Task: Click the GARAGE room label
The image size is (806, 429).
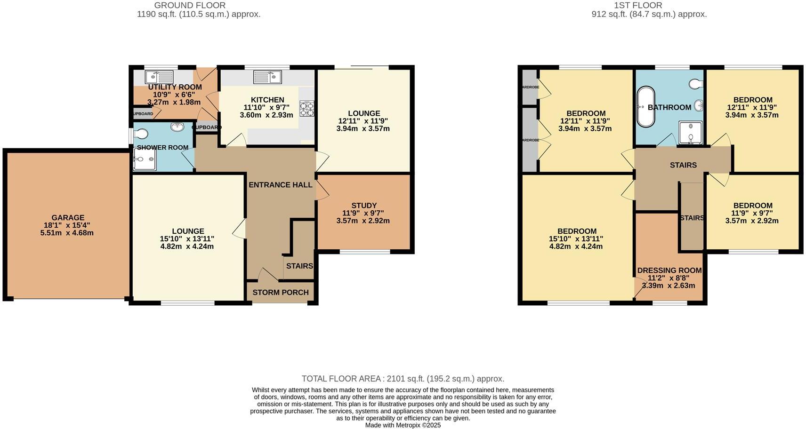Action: click(x=68, y=218)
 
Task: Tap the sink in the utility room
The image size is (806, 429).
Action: click(x=159, y=77)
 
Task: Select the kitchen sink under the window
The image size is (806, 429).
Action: click(x=267, y=76)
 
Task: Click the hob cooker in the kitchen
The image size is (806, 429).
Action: click(x=307, y=109)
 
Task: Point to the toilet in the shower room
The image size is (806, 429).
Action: click(x=141, y=133)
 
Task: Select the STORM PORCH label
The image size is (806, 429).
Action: click(x=281, y=293)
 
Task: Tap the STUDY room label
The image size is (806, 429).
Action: click(x=364, y=206)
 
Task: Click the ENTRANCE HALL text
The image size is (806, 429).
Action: click(x=281, y=185)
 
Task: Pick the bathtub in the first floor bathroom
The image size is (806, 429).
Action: click(x=645, y=107)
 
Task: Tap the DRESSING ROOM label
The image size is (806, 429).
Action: click(x=669, y=270)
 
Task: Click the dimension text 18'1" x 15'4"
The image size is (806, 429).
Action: click(x=68, y=225)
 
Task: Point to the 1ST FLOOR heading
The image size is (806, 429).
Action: click(x=638, y=5)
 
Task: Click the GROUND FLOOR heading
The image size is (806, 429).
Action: click(x=190, y=5)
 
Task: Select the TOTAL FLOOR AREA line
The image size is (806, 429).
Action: click(x=403, y=379)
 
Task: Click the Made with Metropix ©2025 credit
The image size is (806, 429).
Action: click(x=403, y=425)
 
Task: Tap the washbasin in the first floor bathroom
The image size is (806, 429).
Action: click(x=698, y=105)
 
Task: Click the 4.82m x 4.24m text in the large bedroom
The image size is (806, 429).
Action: click(x=577, y=246)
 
